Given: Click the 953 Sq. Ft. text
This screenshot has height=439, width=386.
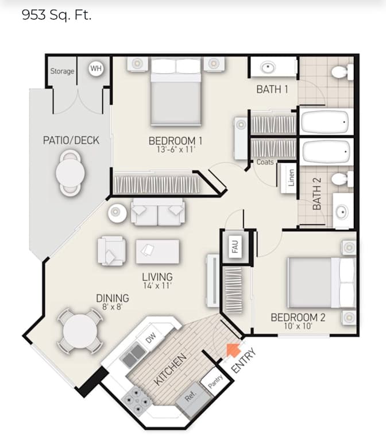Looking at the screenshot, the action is (57, 15).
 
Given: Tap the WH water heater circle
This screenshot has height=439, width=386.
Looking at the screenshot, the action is (96, 68).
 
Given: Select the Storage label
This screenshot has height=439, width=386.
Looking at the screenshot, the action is (62, 71).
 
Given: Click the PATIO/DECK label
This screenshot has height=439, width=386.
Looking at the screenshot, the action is (71, 140).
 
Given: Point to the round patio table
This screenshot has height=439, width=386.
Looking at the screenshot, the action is (70, 173).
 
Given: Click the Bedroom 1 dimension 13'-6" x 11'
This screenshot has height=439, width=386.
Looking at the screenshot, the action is (176, 150).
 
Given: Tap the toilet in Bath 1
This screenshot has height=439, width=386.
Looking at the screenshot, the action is (342, 72).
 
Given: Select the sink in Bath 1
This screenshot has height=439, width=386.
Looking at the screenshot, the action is (268, 67).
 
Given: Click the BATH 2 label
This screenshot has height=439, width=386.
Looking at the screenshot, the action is (317, 194).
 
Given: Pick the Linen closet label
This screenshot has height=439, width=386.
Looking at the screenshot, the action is (291, 178).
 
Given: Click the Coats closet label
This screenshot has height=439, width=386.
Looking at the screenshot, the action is (265, 162).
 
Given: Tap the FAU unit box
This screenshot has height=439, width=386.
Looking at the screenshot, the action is (235, 246).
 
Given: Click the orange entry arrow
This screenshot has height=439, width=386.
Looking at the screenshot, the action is (233, 350).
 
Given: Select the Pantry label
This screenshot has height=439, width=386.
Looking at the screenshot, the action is (215, 381).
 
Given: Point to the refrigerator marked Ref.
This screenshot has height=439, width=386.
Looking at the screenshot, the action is (194, 398).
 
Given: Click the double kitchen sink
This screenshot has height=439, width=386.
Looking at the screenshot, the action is (133, 356).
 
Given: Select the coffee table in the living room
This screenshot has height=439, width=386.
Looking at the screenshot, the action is (157, 251).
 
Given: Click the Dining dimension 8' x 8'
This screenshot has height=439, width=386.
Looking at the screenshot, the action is (113, 307).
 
